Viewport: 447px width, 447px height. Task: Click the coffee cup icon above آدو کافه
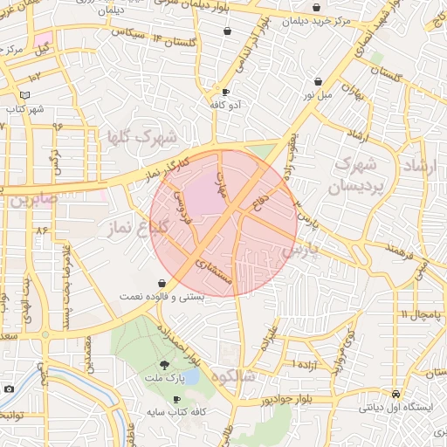[225, 92]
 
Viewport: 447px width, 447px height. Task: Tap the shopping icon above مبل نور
[318, 81]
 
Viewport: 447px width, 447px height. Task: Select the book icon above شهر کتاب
[24, 95]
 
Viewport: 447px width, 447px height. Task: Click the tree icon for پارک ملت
[163, 366]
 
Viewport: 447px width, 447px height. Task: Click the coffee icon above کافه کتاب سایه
[177, 399]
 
